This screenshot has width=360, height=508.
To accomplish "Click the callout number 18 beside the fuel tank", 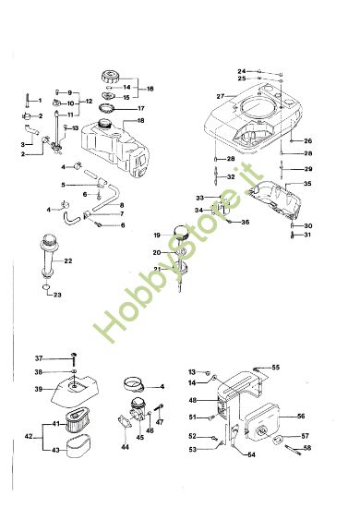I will (140, 121).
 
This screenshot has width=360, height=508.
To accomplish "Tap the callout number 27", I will (221, 96).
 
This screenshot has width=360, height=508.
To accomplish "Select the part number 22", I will (68, 261).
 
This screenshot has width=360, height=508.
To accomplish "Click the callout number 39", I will (39, 389).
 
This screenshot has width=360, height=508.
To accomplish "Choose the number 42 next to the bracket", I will (27, 437).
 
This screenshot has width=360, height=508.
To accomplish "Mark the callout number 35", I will (307, 185).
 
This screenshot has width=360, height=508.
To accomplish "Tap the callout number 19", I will (158, 234).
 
